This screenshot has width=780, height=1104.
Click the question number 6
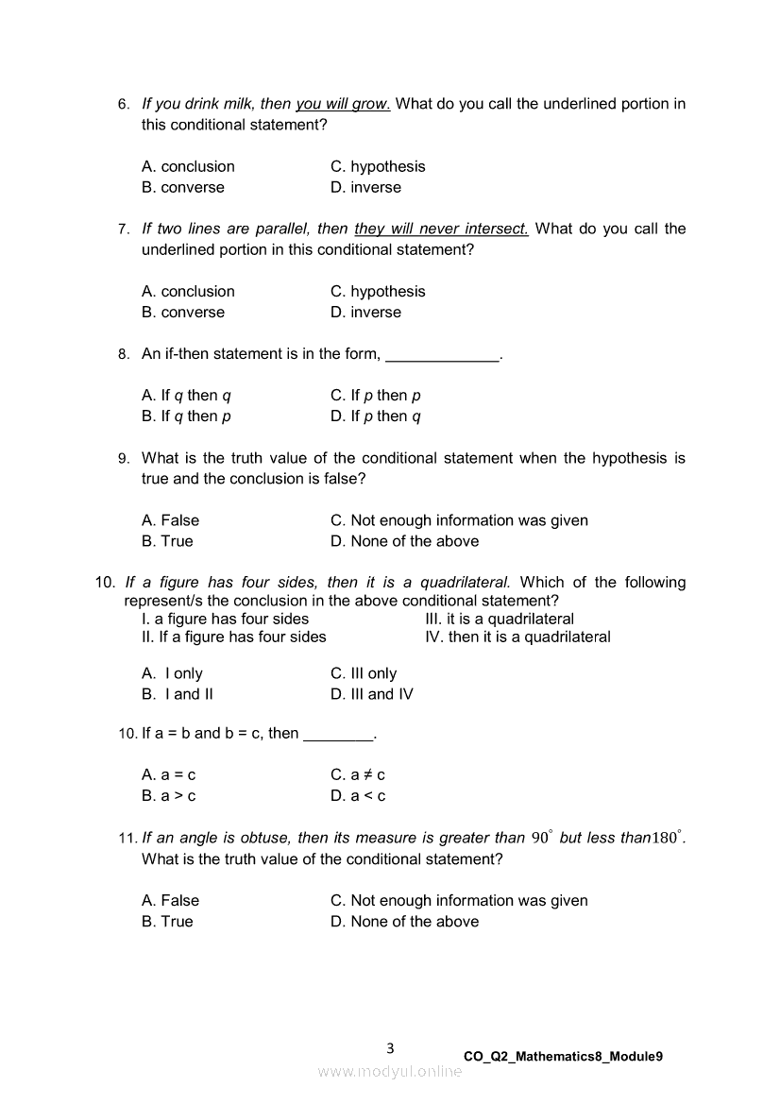pos(123,105)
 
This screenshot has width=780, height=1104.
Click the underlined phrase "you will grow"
pos(343,104)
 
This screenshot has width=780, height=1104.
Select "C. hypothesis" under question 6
pos(378,166)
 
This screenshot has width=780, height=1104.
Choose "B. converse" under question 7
pos(183,313)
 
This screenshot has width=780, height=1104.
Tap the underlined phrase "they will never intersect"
pos(441,229)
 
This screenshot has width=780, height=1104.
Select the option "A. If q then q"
pos(186,396)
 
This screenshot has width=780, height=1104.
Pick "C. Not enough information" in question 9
pos(459,520)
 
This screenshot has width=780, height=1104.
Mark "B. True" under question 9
pos(167,541)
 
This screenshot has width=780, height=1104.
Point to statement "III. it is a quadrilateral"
pos(500,620)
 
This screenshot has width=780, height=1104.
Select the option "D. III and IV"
pos(372,694)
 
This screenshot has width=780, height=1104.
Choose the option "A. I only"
pos(172,673)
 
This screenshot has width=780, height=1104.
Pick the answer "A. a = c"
pos(169,774)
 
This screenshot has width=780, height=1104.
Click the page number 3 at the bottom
pos(390,1048)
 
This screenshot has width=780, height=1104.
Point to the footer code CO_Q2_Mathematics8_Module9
pos(563,1057)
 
